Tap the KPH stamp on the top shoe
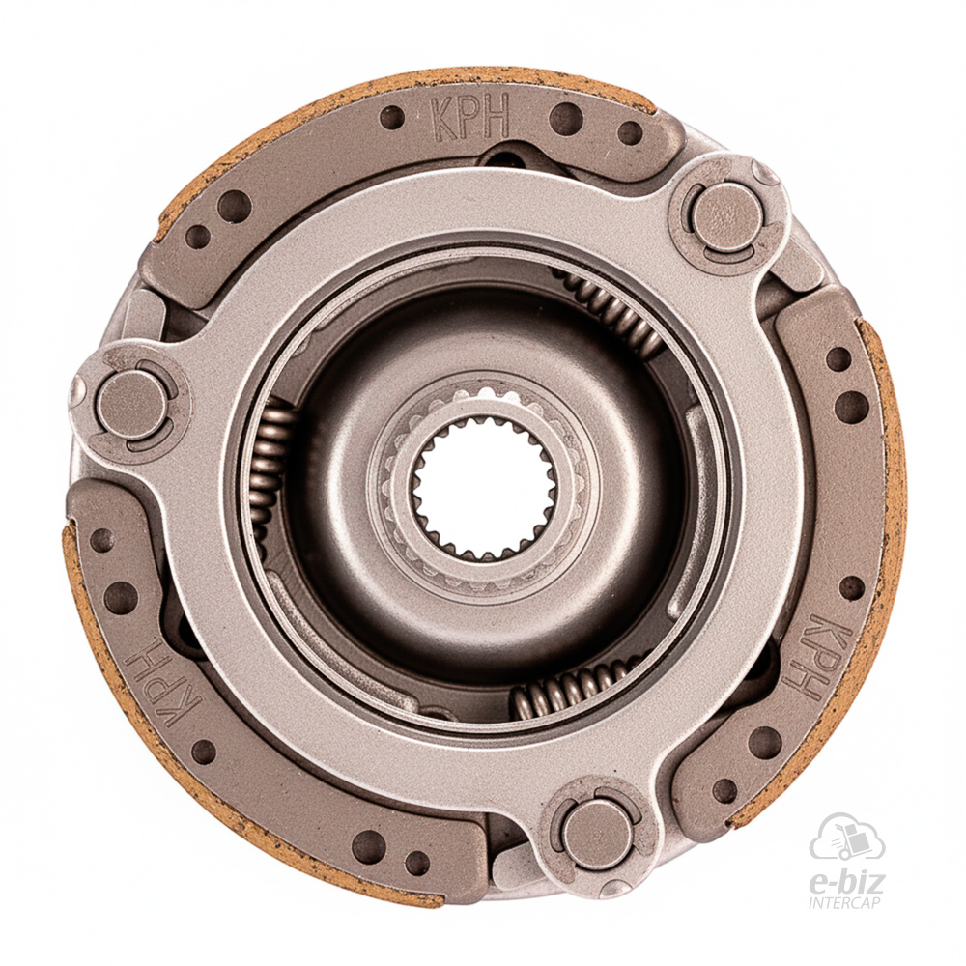tap(470, 117)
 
